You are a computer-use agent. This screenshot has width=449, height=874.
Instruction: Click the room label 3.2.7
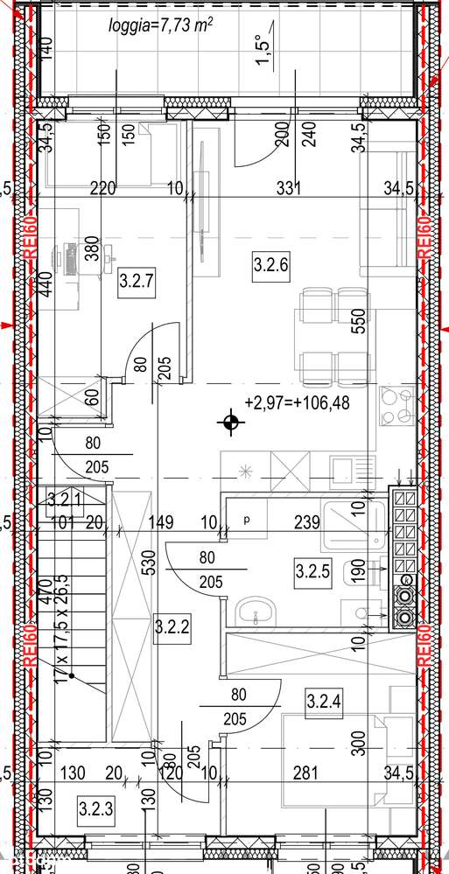tap(136, 282)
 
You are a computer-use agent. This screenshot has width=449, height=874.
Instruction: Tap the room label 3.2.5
tap(312, 573)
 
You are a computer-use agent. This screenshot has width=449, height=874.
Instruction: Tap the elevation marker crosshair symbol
tap(230, 424)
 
